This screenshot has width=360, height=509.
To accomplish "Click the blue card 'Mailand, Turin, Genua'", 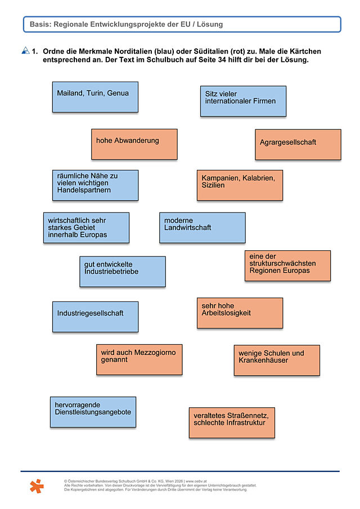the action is [x=95, y=97].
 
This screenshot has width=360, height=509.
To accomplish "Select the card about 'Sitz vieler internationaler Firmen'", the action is [x=243, y=101].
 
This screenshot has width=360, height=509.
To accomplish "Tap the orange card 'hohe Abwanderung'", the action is [x=134, y=144].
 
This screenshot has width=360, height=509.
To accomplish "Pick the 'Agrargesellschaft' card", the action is [x=298, y=145].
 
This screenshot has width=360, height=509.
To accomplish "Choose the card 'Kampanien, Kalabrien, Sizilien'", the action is [x=240, y=185].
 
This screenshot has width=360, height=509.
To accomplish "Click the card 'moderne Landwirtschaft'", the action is [x=202, y=228].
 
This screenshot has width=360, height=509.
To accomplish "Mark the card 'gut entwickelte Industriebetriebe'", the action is [x=123, y=272].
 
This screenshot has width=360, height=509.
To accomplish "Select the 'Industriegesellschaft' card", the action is [x=95, y=317].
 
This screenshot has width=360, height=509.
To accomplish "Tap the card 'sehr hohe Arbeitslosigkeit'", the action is [x=240, y=313].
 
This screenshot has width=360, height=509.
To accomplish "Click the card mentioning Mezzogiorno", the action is [x=139, y=360].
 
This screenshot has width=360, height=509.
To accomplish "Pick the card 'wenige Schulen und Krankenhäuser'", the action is [x=277, y=361].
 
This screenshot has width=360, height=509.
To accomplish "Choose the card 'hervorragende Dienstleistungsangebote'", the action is [x=93, y=412].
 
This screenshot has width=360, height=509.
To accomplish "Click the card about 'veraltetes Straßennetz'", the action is [x=232, y=422].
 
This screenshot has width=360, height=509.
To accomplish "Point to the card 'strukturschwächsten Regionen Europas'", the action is [x=287, y=265].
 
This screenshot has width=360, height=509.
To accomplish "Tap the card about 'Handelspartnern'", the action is [x=95, y=185].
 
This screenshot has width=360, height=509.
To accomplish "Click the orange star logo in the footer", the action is [x=37, y=486].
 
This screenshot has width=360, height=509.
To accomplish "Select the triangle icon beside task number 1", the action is [x=26, y=50].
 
